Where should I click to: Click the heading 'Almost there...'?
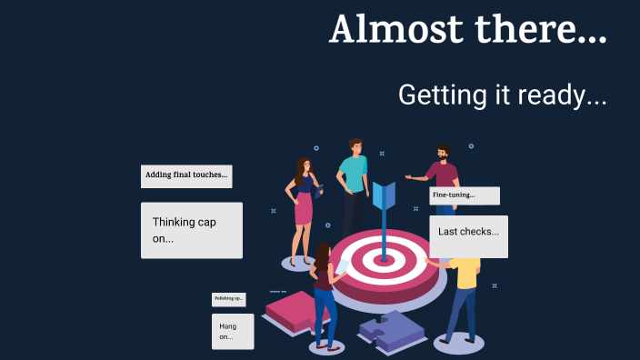pos(467,29)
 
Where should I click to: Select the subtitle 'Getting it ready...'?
pos(502,95)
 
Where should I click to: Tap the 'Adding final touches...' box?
pos(186,175)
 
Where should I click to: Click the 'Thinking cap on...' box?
pos(191,230)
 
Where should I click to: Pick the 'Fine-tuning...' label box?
pos(464,195)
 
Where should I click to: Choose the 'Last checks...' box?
pos(468,235)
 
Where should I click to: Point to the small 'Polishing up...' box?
pos(228,298)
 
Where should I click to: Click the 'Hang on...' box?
pos(232,331)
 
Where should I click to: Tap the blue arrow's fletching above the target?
pos(384,196)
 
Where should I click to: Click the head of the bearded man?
pos(442,155)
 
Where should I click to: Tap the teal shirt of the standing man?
pos(353,174)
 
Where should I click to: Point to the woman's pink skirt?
pos(304,212)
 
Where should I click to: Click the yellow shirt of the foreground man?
pos(466,273)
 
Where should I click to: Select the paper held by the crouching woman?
pos(343,267)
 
